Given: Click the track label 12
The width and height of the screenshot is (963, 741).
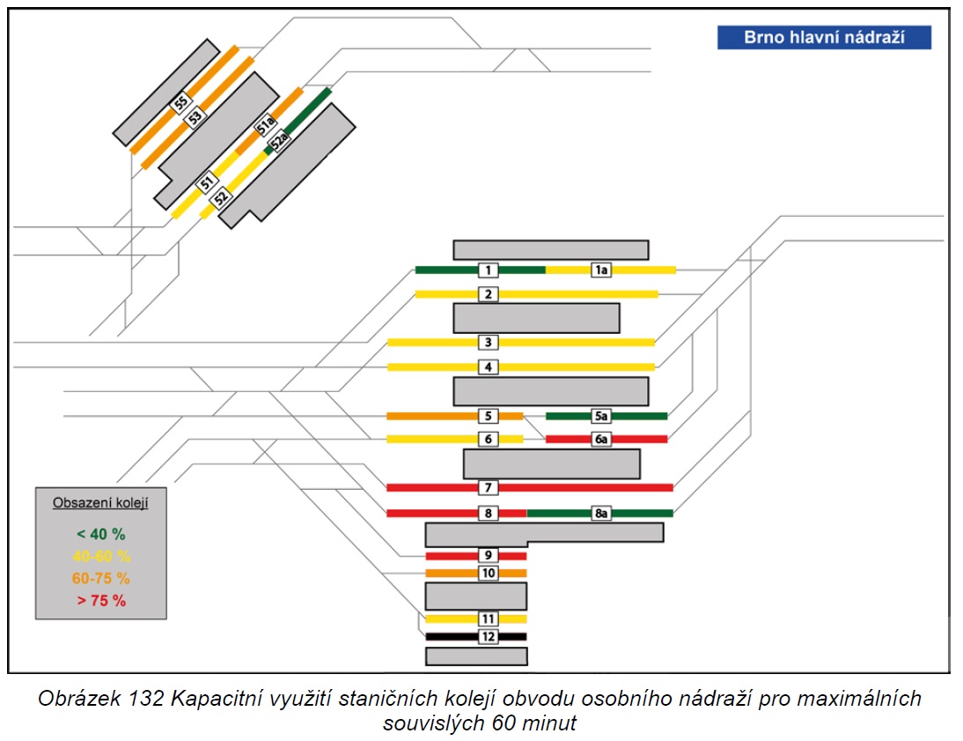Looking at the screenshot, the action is click(x=489, y=636).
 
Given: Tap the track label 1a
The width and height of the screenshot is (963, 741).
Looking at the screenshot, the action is click(x=601, y=270).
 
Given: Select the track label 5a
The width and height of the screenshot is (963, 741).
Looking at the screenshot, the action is click(x=601, y=416).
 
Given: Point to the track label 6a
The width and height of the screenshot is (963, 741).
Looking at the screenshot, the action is click(x=601, y=439).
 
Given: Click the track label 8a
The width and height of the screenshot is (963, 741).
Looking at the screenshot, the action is click(x=601, y=513).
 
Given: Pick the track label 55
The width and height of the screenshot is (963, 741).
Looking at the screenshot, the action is click(x=180, y=103).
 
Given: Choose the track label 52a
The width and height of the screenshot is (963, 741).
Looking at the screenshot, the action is click(x=279, y=141).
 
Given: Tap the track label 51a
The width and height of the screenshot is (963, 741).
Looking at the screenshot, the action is click(x=265, y=125).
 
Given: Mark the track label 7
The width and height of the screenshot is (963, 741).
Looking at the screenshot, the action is click(x=489, y=487).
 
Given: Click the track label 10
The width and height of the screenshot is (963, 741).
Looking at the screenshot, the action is click(x=489, y=573).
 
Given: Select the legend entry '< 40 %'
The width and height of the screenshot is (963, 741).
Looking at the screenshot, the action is click(x=100, y=534).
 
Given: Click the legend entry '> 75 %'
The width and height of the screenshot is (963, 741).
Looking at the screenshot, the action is click(x=101, y=600).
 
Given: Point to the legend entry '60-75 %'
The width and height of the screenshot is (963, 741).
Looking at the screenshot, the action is click(x=100, y=578).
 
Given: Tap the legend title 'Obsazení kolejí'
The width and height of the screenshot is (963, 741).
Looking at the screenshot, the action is click(x=100, y=502).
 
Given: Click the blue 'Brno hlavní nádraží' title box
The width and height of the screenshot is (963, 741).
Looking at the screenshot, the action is click(x=824, y=38).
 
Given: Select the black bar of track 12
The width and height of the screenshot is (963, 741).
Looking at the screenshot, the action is click(x=476, y=636).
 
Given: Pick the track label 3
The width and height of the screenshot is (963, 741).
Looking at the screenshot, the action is click(x=489, y=342).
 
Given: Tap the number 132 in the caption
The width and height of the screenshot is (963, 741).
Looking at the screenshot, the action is click(x=146, y=699).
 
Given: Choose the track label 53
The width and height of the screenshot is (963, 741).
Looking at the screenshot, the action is click(x=195, y=117).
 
